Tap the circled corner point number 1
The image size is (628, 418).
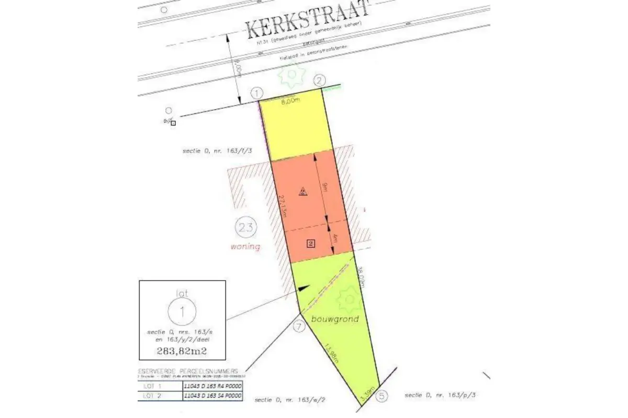(256, 94)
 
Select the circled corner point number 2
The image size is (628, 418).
(320, 80)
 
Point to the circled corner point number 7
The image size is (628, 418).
(299, 327)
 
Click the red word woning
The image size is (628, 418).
(245, 246)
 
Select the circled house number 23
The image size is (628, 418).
(245, 227)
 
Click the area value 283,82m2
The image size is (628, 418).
(182, 351)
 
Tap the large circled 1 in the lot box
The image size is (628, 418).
(182, 312)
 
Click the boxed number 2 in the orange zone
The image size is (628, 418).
(310, 243)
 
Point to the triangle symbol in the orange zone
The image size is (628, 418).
(302, 191)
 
